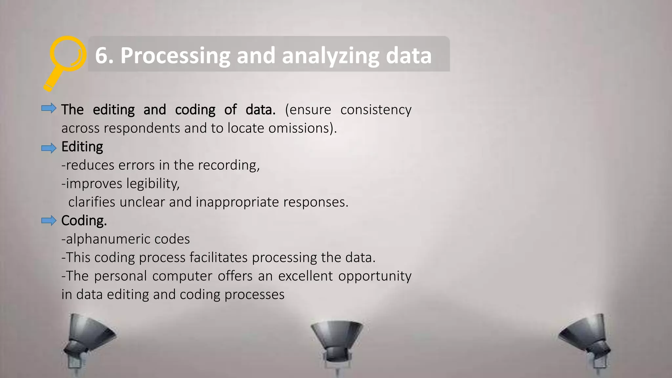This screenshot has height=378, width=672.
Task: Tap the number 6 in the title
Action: [x=102, y=55]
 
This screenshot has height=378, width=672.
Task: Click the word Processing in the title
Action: [x=175, y=56]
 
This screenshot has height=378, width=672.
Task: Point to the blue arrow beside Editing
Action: [x=49, y=148]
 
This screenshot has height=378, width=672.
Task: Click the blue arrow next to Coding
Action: [x=49, y=220]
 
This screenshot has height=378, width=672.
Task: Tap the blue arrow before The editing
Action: [x=49, y=108]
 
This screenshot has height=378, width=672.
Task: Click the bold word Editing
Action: [x=82, y=147]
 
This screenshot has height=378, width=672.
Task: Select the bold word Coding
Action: [x=84, y=221]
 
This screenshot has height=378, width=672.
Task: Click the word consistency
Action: [x=376, y=110]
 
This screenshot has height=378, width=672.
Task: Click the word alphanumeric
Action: [x=108, y=239]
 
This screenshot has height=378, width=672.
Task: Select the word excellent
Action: [x=305, y=276]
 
